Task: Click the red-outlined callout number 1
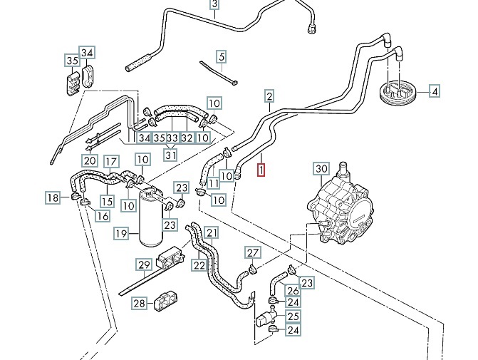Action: point(261,170)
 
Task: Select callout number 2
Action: point(269,96)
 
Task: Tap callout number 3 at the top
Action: point(214,6)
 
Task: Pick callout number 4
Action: point(434,91)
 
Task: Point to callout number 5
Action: point(222,56)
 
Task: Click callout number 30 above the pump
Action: point(321,169)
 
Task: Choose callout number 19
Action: point(122,233)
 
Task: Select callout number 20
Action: point(89,160)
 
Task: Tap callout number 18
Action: point(53,197)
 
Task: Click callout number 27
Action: point(253,253)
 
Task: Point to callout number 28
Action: point(139,304)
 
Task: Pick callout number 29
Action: point(145,266)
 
